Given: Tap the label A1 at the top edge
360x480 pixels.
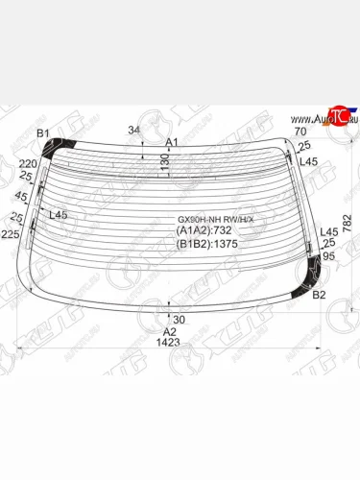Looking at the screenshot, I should tap(173, 142).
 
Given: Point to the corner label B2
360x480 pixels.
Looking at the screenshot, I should tap(321, 296).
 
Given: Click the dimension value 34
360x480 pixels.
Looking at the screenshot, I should tap(134, 130).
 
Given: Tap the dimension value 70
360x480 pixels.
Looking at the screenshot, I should tap(300, 131).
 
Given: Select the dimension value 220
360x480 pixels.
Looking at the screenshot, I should tap(26, 164).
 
